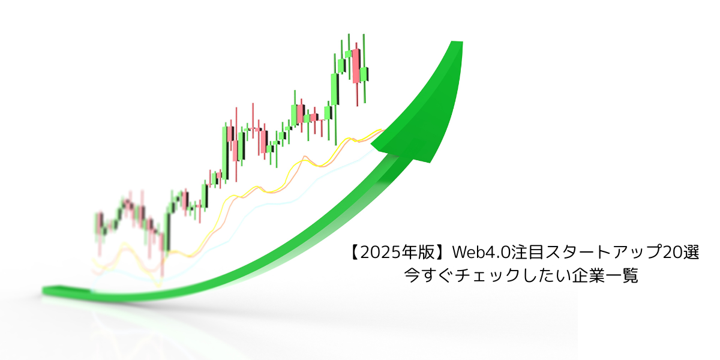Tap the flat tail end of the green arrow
point(44,291)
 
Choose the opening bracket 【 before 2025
point(353,253)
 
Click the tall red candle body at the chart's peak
point(355,66)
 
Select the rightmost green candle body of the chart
point(364,74)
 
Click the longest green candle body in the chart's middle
point(224,153)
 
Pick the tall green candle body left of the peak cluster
point(334,89)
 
